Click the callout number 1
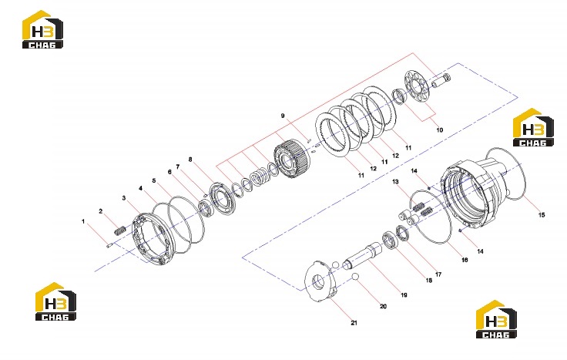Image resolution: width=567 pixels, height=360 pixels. tap(83, 221)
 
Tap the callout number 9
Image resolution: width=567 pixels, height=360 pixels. tap(283, 116)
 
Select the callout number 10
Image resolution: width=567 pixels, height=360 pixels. tap(439, 130)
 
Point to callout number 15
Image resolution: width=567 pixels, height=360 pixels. tap(542, 215)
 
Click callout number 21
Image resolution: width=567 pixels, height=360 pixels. tap(354, 323)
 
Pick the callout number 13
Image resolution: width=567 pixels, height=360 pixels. tap(395, 181)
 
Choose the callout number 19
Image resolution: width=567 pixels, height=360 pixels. tap(404, 295)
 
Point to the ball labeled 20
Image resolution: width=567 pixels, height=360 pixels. tap(354, 277)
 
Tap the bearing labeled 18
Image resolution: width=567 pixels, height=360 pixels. tap(390, 241)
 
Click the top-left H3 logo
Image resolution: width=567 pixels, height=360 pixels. tap(42, 29)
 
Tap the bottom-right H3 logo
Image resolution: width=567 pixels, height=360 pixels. tap(496, 319)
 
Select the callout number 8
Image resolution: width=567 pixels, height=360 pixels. tap(190, 160)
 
